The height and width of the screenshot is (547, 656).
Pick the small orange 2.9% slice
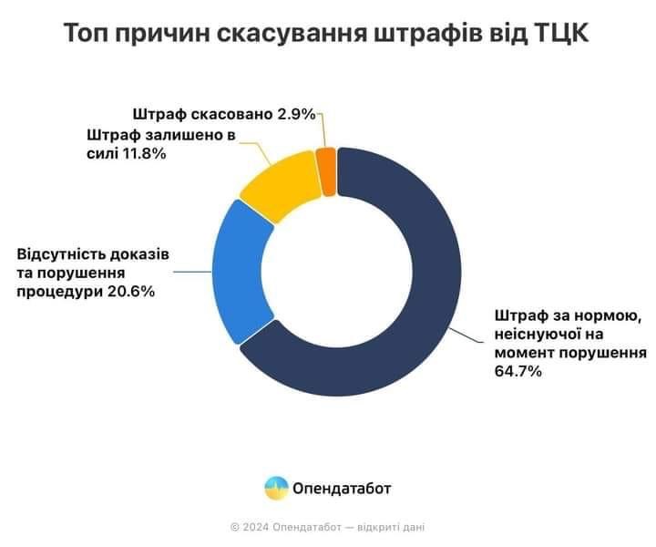pyautogui.click(x=327, y=171)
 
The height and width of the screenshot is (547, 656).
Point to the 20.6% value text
pyautogui.click(x=130, y=292)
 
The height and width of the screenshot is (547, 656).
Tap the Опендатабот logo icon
pyautogui.click(x=276, y=488)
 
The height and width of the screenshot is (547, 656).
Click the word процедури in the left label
pyautogui.click(x=56, y=292)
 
